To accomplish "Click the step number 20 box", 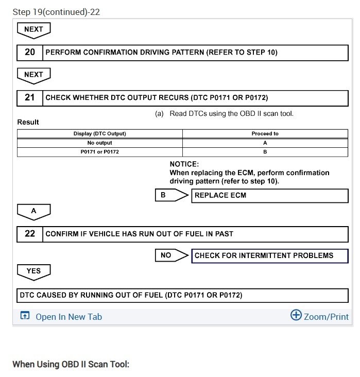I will [x=30, y=53].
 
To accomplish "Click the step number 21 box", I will [x=30, y=98].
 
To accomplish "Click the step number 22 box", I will [x=30, y=234].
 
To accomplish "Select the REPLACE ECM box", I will [x=270, y=196].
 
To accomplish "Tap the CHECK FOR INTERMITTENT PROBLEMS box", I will [x=270, y=255].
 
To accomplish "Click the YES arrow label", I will [x=33, y=271].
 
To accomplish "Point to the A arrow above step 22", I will [x=33, y=211].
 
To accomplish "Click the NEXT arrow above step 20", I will [x=33, y=30].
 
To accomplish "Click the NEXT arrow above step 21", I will [x=33, y=75].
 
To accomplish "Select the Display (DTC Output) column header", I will [x=100, y=134].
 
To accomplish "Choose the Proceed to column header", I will [x=265, y=134].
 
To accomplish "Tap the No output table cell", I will [x=100, y=143].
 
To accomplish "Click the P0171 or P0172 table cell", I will [x=100, y=152].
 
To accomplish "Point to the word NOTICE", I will [x=184, y=164].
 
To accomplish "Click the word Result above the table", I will [x=28, y=122].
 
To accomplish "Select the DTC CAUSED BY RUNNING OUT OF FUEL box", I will [x=182, y=295].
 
